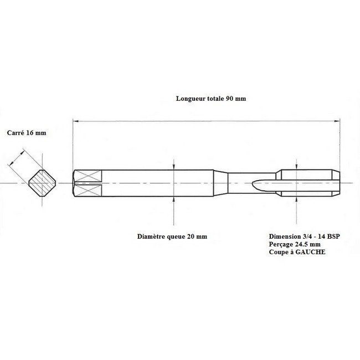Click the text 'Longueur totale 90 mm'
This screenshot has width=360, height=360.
pyautogui.click(x=211, y=99)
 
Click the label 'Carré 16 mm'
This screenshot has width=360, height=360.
pyautogui.click(x=27, y=133)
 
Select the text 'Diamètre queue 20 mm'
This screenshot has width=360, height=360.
pyautogui.click(x=172, y=236)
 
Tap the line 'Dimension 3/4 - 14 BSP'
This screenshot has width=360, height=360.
pyautogui.click(x=305, y=236)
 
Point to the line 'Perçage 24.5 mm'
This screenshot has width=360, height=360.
pyautogui.click(x=295, y=244)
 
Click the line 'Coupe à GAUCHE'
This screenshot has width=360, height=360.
pyautogui.click(x=297, y=252)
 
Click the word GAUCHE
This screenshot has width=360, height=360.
pyautogui.click(x=310, y=252)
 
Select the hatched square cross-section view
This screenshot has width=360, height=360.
pyautogui.click(x=42, y=183)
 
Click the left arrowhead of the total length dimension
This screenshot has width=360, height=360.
pyautogui.click(x=75, y=121)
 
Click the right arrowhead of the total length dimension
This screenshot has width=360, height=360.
pyautogui.click(x=337, y=121)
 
